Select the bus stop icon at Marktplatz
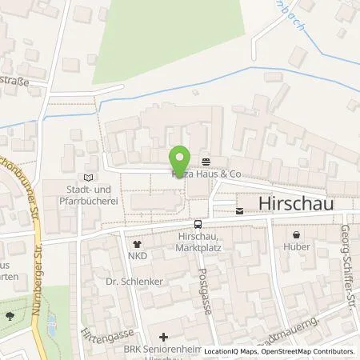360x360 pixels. pos(197,224)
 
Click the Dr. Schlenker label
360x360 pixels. pos(128,282)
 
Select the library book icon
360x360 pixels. pos(88,177)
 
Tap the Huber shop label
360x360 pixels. pos(297,248)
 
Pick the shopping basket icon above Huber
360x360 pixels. pos(297,235)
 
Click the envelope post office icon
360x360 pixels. pos(239,211)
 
